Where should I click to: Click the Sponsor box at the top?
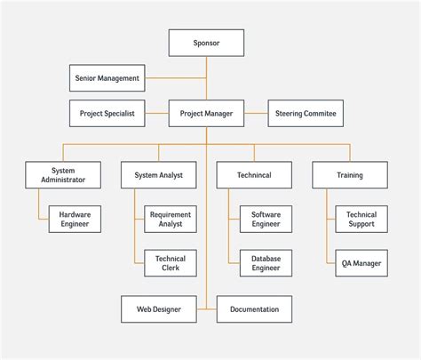206,43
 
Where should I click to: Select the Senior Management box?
107,78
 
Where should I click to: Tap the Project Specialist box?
107,113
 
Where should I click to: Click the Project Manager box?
206,113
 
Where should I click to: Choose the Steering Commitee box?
306,113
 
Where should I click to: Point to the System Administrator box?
62,174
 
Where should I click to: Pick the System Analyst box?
158,174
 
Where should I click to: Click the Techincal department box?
254,174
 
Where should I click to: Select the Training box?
350,174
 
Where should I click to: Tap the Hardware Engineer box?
75,219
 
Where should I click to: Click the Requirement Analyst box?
171,219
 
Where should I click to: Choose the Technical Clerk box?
171,262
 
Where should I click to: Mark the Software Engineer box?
266,219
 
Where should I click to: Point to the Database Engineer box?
266,262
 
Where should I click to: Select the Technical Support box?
361,219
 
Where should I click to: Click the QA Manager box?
361,262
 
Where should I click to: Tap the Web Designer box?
158,309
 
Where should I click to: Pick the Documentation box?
254,309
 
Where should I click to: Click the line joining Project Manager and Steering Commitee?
256,113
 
